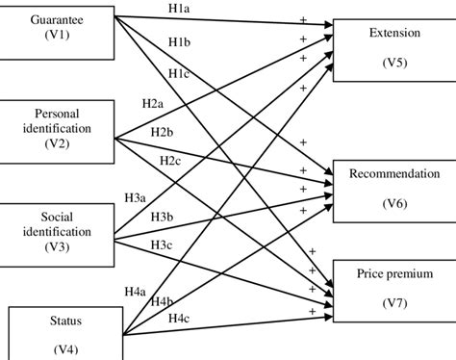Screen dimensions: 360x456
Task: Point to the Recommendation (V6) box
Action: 389,189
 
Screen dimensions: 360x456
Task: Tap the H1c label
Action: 179,74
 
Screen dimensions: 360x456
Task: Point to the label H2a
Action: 152,103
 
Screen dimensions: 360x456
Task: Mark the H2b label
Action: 163,132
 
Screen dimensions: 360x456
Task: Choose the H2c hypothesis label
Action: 170,160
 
